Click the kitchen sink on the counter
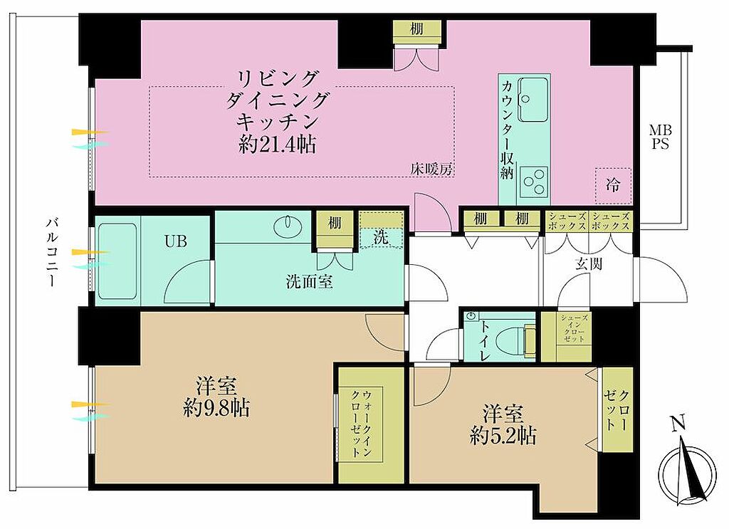pyautogui.click(x=533, y=99)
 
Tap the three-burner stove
pyautogui.click(x=533, y=182)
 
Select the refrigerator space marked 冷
pyautogui.click(x=613, y=186)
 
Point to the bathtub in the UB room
pyautogui.click(x=117, y=261)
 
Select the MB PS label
pyautogui.click(x=660, y=137)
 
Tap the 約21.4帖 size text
pyautogui.click(x=278, y=145)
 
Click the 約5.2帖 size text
pyautogui.click(x=503, y=436)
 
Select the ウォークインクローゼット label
pyautogui.click(x=361, y=424)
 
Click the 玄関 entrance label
pyautogui.click(x=589, y=263)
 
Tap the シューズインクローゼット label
pyautogui.click(x=574, y=329)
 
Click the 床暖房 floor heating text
pyautogui.click(x=431, y=169)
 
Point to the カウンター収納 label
pyautogui.click(x=507, y=130)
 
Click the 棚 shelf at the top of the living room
pyautogui.click(x=416, y=28)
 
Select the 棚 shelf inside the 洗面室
pyautogui.click(x=335, y=223)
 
